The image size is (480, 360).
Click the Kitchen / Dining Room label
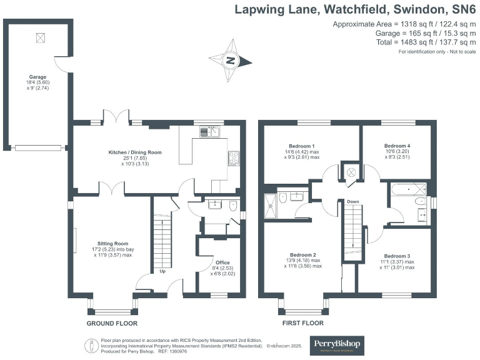point(135,152)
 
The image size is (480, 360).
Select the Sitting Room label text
point(112,243)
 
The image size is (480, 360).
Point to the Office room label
point(222,262)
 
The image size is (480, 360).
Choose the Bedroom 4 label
point(397,145)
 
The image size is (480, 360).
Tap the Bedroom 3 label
point(397,256)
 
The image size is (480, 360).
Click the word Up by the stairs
point(162,272)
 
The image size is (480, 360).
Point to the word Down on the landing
point(353,202)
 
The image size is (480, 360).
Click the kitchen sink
point(209,132)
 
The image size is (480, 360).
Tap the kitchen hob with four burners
point(234,158)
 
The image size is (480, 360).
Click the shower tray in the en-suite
point(272,206)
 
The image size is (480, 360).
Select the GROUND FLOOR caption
point(111,323)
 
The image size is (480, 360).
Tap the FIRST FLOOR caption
point(303,323)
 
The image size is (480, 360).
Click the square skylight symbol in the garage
point(41,37)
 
